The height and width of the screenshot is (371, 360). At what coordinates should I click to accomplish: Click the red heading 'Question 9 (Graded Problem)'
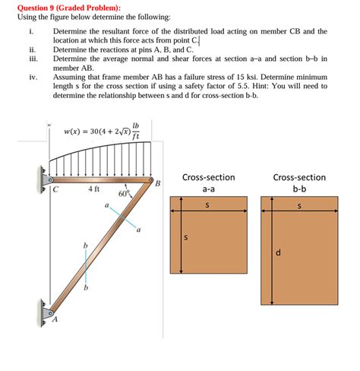[57, 6]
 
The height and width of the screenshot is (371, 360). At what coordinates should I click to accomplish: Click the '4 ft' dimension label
[95, 189]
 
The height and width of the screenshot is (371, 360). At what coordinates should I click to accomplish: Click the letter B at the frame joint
[157, 183]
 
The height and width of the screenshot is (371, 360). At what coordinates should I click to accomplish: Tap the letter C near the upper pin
[55, 190]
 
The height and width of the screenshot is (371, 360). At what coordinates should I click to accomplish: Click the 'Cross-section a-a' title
[208, 183]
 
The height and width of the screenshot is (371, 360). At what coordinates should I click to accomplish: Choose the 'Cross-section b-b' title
[298, 183]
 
